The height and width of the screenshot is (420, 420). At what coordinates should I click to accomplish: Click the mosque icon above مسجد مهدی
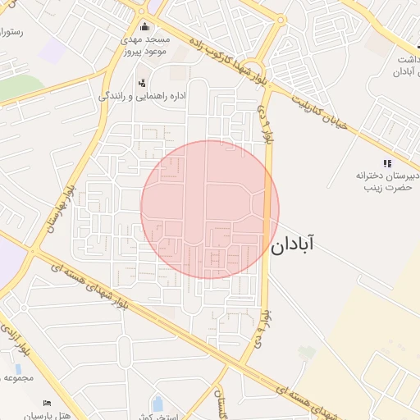click(145, 26)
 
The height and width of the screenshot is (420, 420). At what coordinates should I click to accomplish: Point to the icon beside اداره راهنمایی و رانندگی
click(143, 83)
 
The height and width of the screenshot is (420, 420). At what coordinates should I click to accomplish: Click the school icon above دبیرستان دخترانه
click(387, 163)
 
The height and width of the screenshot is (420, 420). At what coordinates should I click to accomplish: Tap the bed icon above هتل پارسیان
click(47, 404)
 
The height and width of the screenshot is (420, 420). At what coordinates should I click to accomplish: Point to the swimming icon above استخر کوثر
click(157, 403)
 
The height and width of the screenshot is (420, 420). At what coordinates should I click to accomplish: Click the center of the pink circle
click(210, 209)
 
